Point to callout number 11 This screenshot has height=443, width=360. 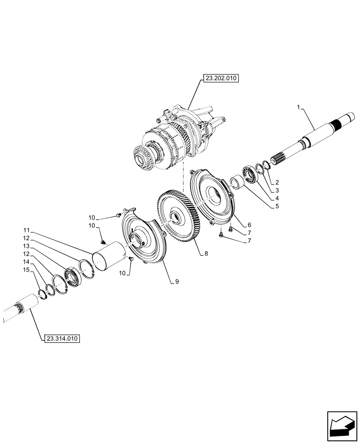(x=26, y=231)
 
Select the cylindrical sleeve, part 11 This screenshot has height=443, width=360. (x=108, y=256)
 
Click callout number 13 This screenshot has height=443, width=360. (x=26, y=245)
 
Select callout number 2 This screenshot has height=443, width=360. (x=276, y=182)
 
